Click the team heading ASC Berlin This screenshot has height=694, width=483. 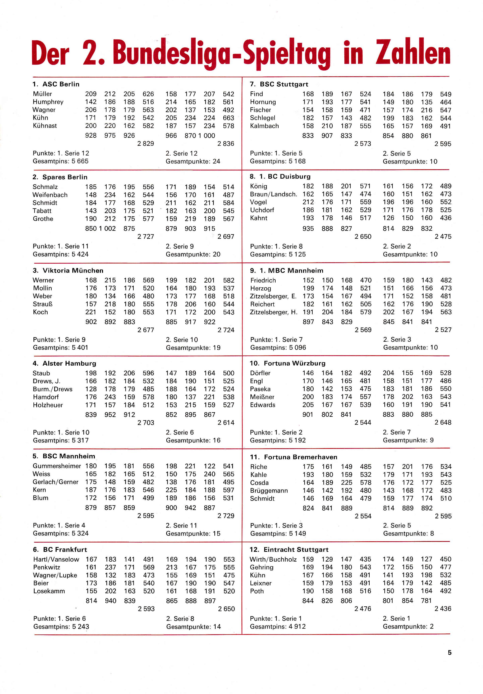click(x=61, y=84)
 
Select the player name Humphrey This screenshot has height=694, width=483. click(x=48, y=102)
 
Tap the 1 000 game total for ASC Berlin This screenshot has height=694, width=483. click(x=207, y=136)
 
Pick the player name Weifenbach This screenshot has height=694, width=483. click(x=50, y=195)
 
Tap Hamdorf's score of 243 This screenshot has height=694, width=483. click(x=110, y=397)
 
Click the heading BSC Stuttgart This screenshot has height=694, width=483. click(x=284, y=84)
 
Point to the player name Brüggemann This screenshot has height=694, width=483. click(x=269, y=490)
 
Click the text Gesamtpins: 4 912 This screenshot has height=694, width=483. click(x=278, y=627)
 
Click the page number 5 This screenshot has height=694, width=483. click(x=450, y=653)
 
